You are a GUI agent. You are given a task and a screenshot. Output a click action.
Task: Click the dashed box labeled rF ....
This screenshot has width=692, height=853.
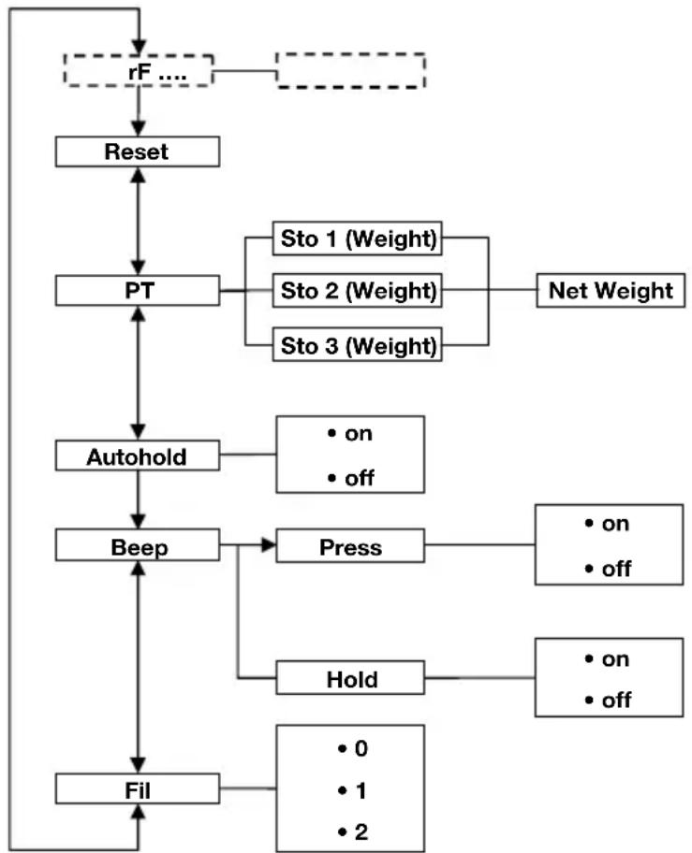point(137,71)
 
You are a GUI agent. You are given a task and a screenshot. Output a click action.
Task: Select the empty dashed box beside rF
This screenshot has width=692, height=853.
point(350,71)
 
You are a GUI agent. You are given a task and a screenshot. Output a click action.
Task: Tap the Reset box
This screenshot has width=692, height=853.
point(137,152)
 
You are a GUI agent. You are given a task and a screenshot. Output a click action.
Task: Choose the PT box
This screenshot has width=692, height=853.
point(137,290)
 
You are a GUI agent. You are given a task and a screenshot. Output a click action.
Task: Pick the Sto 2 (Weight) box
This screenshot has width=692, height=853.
point(359,290)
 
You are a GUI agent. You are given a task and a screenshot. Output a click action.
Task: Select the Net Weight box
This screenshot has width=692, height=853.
point(610,290)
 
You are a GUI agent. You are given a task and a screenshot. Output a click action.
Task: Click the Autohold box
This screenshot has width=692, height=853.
point(137,456)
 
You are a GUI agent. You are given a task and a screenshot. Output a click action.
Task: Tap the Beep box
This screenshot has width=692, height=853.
point(137,546)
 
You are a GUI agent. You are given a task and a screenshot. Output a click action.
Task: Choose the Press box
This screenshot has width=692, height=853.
point(349,546)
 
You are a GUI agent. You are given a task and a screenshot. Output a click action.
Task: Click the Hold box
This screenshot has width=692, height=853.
point(349,678)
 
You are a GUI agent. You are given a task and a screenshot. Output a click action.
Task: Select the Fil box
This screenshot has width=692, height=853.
point(137,788)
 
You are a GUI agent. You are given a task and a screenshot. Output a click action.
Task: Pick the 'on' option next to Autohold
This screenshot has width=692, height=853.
point(351,434)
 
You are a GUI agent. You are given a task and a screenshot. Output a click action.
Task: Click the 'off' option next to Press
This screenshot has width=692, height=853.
point(610,569)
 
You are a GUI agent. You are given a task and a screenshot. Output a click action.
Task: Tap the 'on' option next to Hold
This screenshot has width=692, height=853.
point(610,658)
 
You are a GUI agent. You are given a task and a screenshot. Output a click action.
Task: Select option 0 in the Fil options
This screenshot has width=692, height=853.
point(351,748)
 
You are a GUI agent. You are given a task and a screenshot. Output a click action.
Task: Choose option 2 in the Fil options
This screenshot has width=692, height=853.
point(351,831)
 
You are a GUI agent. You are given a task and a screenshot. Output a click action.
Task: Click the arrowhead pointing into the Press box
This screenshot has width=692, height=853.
point(268,546)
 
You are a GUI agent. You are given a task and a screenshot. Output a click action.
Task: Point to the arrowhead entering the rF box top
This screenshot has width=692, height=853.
point(139,47)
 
